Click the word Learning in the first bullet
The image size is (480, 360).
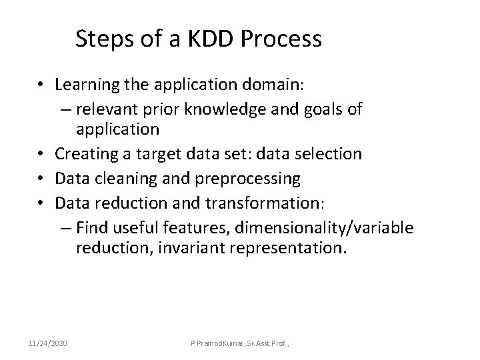[83, 85]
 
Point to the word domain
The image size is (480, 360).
[275, 85]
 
